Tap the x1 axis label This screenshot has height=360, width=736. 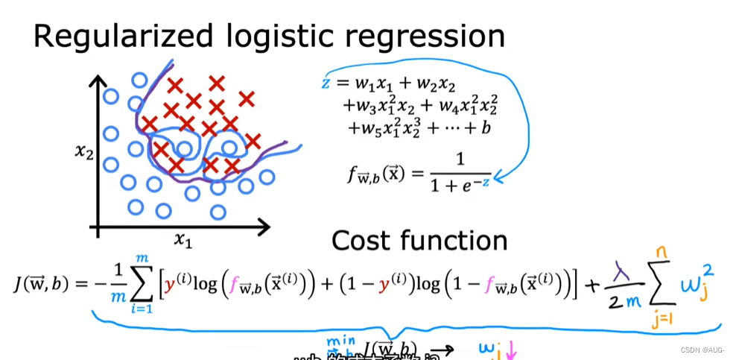tap(183, 239)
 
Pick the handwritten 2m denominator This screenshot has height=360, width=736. tap(624, 301)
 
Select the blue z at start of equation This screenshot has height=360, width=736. tap(326, 82)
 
